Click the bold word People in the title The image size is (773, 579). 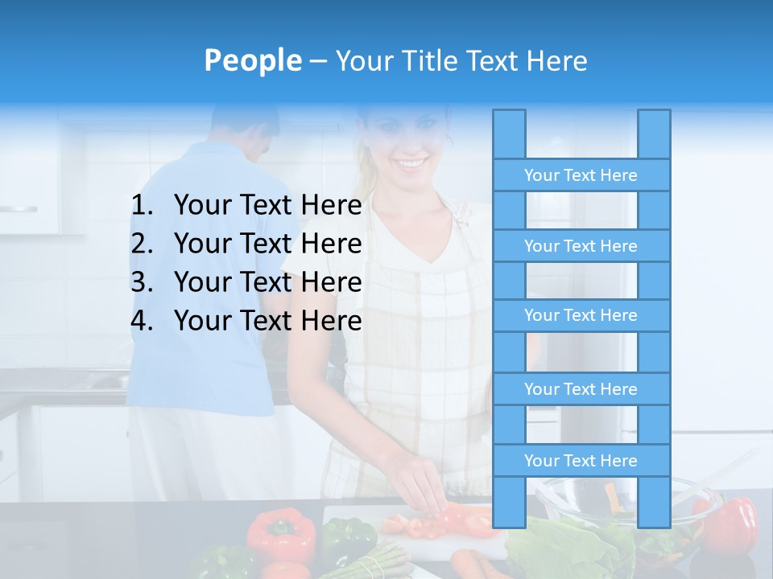tap(252, 60)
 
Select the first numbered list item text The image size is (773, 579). tap(267, 206)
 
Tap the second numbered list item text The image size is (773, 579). tap(267, 244)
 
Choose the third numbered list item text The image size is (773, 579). tap(267, 282)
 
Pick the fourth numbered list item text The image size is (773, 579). tap(267, 321)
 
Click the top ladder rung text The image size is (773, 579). tap(581, 175)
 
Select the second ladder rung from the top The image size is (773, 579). tap(581, 246)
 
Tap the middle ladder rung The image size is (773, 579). tap(581, 315)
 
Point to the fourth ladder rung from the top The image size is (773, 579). tap(581, 389)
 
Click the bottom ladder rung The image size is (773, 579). tap(581, 461)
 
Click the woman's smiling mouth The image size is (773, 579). tap(411, 164)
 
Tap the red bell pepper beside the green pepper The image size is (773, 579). tap(279, 533)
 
